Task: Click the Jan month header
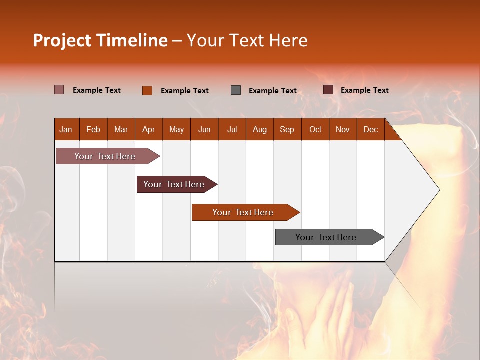[66, 129]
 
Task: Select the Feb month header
[93, 129]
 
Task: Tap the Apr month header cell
[149, 129]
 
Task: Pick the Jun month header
[204, 129]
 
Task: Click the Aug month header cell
[260, 129]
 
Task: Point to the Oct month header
[315, 129]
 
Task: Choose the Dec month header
[371, 129]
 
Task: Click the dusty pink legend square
[59, 90]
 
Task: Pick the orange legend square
[147, 90]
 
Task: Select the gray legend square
[236, 90]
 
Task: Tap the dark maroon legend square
[328, 90]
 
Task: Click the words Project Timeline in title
[100, 40]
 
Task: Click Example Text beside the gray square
[273, 91]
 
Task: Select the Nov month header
[343, 129]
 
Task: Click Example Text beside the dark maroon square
[365, 90]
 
